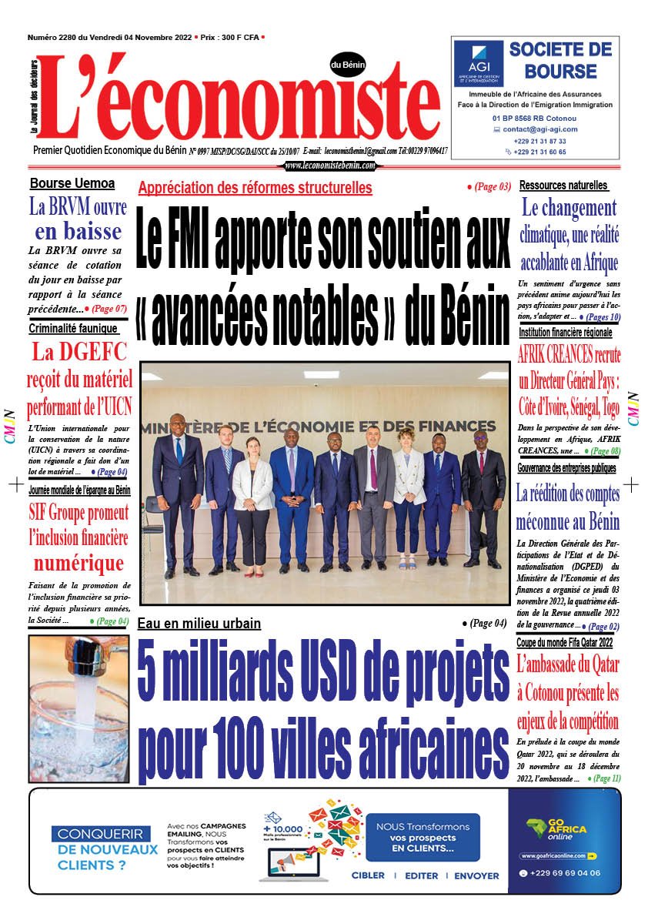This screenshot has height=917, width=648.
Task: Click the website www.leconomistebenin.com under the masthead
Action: (330, 166)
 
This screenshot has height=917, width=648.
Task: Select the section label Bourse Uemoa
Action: (72, 183)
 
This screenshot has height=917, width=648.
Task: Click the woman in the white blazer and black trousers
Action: (252, 500)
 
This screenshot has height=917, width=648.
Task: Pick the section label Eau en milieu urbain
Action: (199, 624)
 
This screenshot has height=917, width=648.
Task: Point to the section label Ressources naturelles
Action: (563, 186)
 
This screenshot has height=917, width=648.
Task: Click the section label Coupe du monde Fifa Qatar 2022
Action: (564, 643)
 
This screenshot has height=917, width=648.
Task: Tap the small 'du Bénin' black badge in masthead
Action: (348, 65)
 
